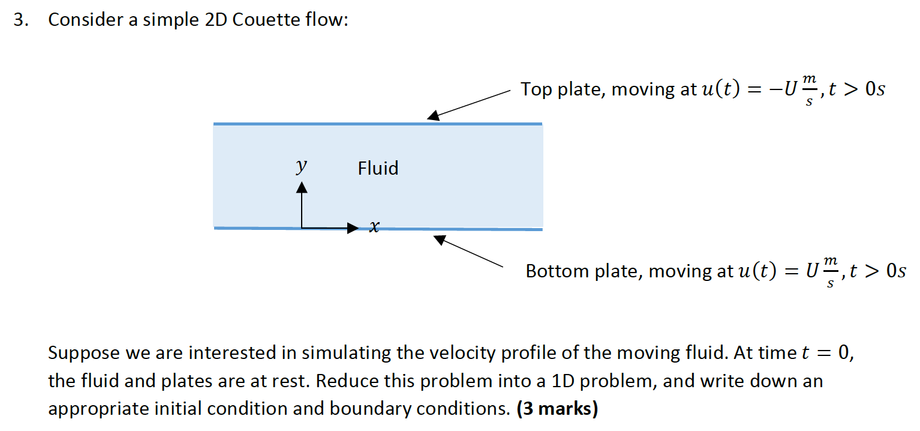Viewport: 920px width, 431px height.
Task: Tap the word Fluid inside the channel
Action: point(378,168)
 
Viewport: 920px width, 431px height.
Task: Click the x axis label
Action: point(374,227)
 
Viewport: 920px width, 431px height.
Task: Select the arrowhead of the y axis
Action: point(301,188)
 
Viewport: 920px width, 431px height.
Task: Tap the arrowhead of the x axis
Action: point(352,228)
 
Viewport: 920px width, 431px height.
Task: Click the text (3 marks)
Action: point(557,409)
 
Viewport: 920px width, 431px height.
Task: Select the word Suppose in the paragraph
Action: point(84,353)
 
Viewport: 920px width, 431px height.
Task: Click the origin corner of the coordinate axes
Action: point(302,228)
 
